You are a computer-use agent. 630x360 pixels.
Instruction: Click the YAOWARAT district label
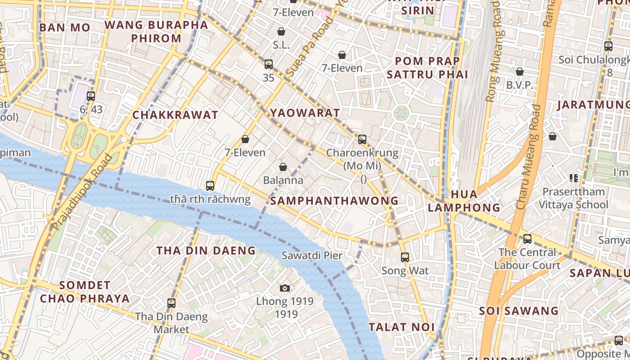pyautogui.click(x=305, y=112)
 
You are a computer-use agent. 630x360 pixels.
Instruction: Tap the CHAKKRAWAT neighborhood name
pyautogui.click(x=175, y=115)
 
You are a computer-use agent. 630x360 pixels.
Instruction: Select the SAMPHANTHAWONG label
pyautogui.click(x=335, y=201)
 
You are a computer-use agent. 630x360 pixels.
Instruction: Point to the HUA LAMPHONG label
pyautogui.click(x=463, y=201)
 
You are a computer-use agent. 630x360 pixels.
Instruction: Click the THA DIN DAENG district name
pyautogui.click(x=206, y=251)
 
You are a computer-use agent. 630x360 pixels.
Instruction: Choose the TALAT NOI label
pyautogui.click(x=402, y=327)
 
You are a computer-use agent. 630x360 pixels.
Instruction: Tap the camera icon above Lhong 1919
pyautogui.click(x=285, y=288)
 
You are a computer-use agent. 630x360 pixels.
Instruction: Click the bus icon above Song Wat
pyautogui.click(x=405, y=257)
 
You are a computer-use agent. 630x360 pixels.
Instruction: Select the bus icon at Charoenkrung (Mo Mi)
pyautogui.click(x=362, y=139)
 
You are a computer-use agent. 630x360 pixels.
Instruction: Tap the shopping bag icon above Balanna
pyautogui.click(x=283, y=167)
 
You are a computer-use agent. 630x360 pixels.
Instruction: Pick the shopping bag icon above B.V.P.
pyautogui.click(x=520, y=72)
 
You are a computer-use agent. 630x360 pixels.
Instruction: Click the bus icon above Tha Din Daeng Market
pyautogui.click(x=171, y=303)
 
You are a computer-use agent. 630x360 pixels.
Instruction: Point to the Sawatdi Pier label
pyautogui.click(x=312, y=256)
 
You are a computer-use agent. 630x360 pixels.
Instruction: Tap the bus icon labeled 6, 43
pyautogui.click(x=91, y=96)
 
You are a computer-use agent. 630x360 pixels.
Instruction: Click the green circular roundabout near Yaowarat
pyautogui.click(x=401, y=113)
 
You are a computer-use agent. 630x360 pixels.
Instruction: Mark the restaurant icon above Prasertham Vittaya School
pyautogui.click(x=573, y=178)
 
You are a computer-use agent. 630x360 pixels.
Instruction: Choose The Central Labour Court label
pyautogui.click(x=527, y=259)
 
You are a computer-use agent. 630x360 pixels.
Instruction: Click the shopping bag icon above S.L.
pyautogui.click(x=281, y=31)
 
